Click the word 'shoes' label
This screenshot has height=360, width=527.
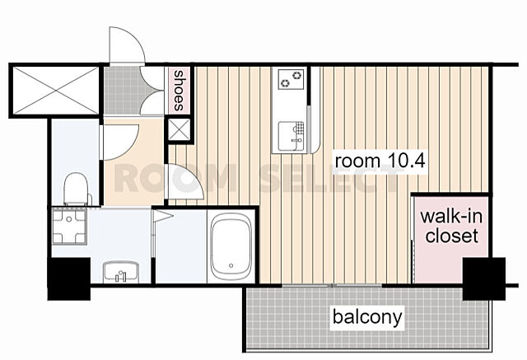(x=179, y=91)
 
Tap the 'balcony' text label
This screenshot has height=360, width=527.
(x=367, y=316)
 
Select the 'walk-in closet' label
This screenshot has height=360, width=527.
(x=451, y=226)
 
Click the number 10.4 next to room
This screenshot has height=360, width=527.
(x=407, y=161)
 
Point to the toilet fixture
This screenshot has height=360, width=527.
(x=77, y=189)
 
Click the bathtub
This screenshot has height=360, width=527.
(x=231, y=246)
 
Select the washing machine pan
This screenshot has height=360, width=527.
(x=69, y=227)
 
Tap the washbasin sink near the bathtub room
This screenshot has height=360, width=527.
(x=121, y=270)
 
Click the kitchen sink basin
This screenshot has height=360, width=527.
(x=291, y=136)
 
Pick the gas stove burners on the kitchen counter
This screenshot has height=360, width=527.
(x=291, y=79)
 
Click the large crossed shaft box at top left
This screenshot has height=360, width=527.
(x=56, y=91)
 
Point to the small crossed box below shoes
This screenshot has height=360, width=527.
(x=179, y=129)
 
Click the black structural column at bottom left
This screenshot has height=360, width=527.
(x=69, y=279)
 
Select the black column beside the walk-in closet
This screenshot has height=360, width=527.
(x=484, y=278)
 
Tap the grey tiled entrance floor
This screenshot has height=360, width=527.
(x=122, y=90)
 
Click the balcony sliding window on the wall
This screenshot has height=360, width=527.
(x=332, y=286)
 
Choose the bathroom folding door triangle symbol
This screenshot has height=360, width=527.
(x=162, y=217)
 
